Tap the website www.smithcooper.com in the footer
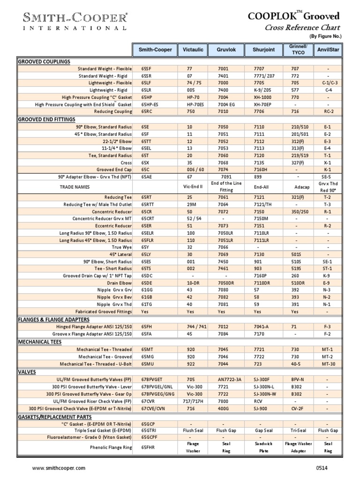click(x=59, y=468)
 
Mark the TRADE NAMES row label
click(x=75, y=187)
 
